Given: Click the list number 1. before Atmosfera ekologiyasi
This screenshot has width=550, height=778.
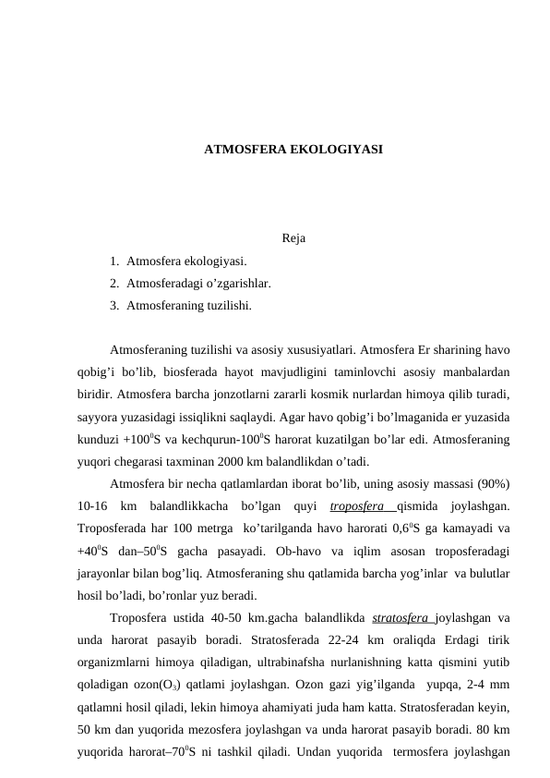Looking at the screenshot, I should [114, 262].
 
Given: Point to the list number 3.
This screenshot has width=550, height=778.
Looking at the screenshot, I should [114, 303].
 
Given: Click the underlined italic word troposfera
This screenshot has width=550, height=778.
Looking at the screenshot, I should [360, 505].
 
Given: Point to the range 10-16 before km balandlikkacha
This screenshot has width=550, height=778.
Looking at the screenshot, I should [94, 505].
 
